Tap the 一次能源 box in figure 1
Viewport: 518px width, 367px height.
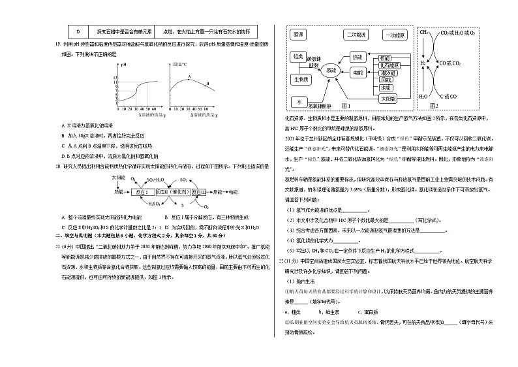(x=396, y=35)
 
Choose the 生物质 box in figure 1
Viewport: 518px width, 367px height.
(x=299, y=79)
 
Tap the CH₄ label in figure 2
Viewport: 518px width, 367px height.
(x=424, y=31)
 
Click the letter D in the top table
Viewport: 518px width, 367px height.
(x=78, y=31)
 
